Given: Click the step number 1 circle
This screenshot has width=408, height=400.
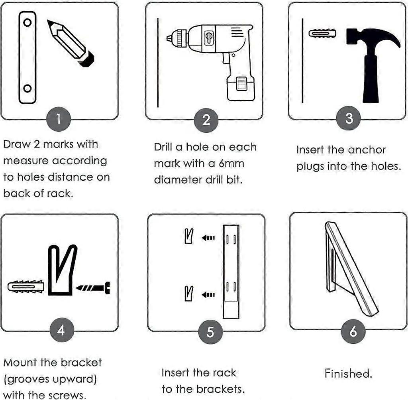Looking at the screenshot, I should tap(59, 118).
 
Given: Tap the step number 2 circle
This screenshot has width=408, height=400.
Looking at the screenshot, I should tap(206, 119).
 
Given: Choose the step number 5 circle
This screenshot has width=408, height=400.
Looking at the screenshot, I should tap(210, 331).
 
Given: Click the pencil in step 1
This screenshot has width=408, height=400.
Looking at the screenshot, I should tap(71, 43).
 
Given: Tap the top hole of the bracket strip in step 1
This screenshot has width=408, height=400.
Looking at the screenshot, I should tap(27, 23).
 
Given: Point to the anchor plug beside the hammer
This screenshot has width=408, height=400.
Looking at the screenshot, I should tap(322, 33).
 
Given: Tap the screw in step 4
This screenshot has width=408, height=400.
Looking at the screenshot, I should tap(93, 287).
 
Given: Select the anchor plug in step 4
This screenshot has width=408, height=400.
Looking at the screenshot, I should tap(25, 286).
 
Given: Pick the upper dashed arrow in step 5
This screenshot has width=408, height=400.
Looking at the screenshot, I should tap(208, 238).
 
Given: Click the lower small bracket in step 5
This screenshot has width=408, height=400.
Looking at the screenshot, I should tap(189, 294).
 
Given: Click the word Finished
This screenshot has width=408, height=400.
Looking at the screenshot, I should tap(348, 374).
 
